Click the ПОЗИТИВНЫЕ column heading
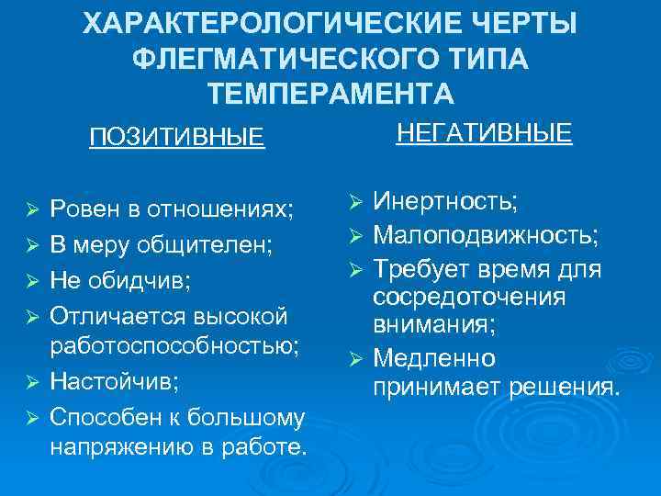(176, 138)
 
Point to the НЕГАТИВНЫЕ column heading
(485, 134)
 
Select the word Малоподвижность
(486, 236)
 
